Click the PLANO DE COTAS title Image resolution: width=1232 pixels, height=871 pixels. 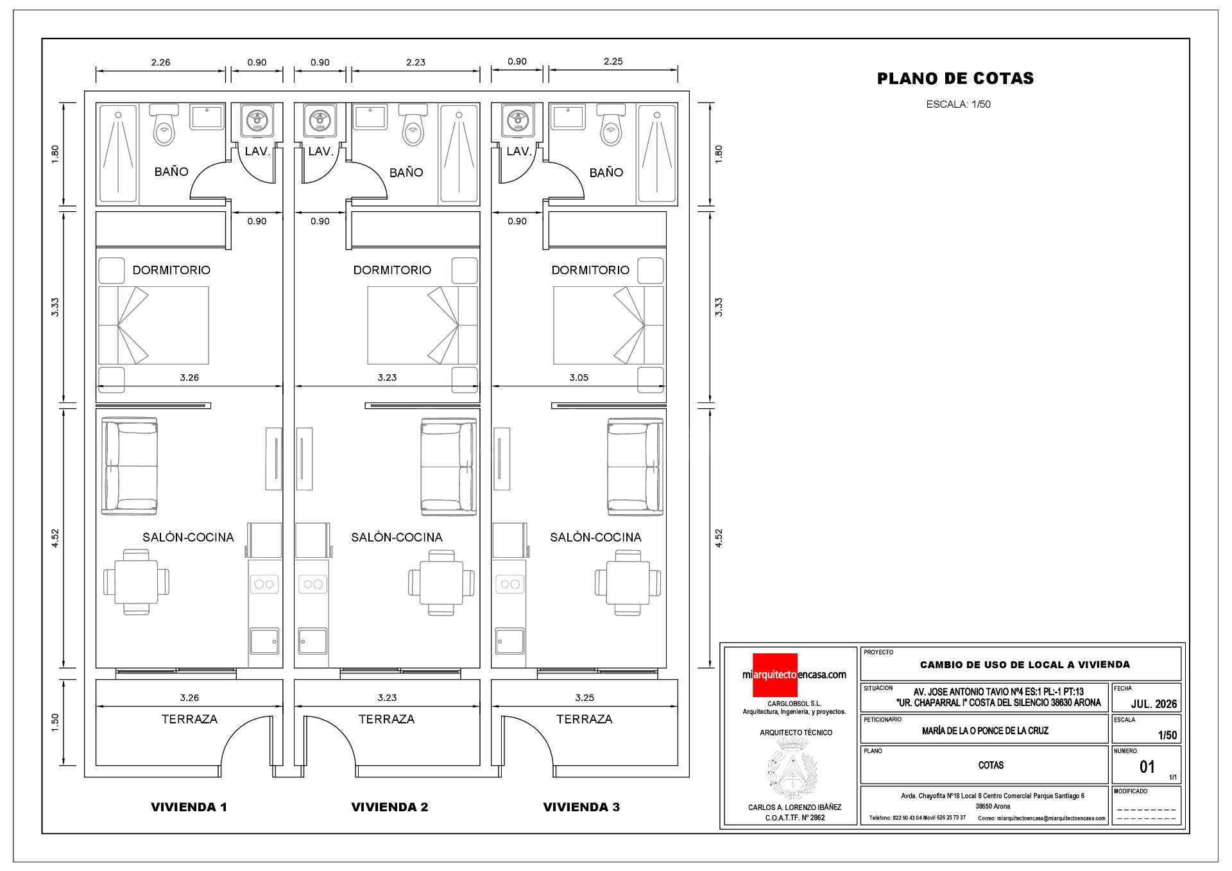tap(955, 78)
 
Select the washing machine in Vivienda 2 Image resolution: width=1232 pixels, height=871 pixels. tap(320, 120)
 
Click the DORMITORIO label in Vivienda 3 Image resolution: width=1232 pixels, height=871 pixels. tap(590, 270)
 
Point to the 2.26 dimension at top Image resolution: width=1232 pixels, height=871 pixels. tap(160, 62)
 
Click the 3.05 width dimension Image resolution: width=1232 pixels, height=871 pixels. tap(579, 377)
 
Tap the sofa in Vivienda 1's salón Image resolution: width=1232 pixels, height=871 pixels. tap(130, 465)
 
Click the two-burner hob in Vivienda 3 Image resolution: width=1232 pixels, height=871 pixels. tap(510, 584)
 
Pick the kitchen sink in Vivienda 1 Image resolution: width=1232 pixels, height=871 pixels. tap(264, 640)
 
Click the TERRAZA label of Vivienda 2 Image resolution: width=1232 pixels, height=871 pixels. tap(386, 720)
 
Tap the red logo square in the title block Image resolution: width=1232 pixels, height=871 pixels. tap(774, 675)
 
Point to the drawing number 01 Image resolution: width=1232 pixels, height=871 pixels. tap(1147, 766)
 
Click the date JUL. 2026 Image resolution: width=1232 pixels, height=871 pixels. tap(1154, 704)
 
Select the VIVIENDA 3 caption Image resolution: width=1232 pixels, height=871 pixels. tap(581, 807)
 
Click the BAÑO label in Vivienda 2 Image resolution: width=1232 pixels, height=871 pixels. tap(406, 172)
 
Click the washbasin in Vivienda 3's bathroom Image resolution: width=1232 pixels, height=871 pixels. tap(569, 117)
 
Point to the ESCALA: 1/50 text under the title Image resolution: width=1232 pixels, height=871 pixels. tap(958, 104)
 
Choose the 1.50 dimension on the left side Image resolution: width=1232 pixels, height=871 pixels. tap(56, 720)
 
